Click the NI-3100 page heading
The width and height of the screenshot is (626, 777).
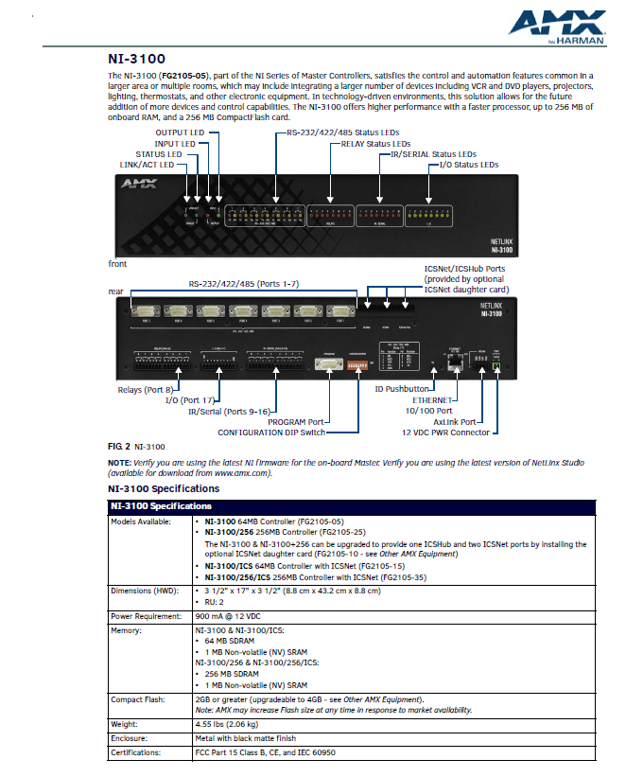136,58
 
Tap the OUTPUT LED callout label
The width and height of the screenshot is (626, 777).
179,132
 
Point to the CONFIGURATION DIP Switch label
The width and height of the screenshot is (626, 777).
271,433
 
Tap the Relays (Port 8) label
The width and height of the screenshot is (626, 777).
144,389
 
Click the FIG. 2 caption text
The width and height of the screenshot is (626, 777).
137,445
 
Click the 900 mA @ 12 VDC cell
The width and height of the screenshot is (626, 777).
229,615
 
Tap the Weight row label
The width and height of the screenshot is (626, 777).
126,723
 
